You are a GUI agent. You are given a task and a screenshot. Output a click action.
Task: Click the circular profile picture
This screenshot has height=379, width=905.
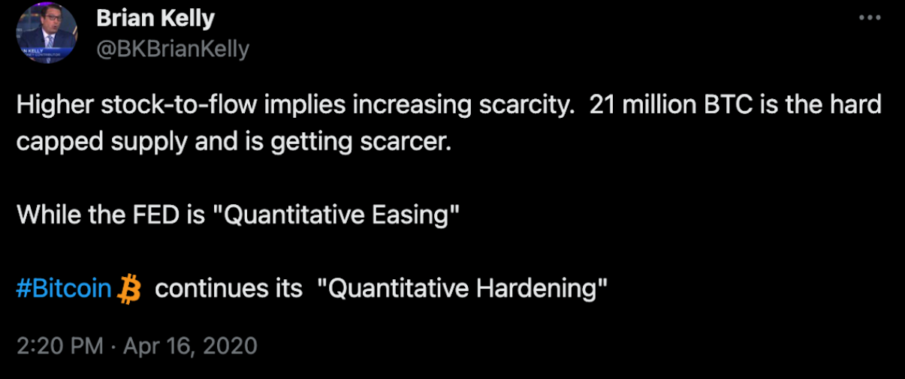(47, 33)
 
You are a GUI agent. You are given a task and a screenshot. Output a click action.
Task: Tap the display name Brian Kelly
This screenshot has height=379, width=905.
(155, 19)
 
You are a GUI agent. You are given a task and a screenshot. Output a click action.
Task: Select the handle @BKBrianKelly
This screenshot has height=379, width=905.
(173, 50)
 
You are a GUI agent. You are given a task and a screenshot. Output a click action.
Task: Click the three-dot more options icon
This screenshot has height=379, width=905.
(870, 17)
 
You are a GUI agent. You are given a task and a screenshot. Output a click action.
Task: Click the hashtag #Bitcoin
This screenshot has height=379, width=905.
(64, 288)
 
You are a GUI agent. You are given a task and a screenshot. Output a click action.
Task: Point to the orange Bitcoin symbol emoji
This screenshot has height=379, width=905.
(129, 289)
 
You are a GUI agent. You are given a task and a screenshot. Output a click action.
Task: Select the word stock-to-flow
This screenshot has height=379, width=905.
(179, 104)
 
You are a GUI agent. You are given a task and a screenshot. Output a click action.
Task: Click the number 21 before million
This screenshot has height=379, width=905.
(602, 104)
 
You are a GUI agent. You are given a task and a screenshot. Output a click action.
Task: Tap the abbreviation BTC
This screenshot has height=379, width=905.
(728, 104)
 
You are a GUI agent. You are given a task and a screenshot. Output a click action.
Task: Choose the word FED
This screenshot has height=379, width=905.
(156, 215)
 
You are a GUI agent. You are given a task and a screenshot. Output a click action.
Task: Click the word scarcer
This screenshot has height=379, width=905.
(406, 142)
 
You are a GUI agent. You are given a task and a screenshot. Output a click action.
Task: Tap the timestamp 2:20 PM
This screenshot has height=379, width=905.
(60, 346)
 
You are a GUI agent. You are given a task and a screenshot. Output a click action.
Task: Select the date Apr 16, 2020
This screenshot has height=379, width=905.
(190, 346)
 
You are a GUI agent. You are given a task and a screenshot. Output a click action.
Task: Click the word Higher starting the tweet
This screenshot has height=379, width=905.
(55, 105)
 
